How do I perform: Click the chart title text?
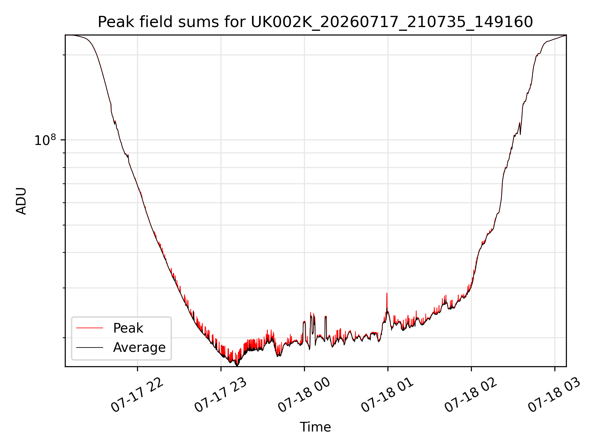pos(315,22)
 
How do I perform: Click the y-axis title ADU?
pos(21,201)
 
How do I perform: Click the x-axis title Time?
pos(315,427)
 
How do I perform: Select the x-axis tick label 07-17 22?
pos(137,395)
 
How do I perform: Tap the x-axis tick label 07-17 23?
pos(221,395)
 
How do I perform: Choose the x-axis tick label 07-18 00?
pos(304,395)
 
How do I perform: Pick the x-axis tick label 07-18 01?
pos(387,395)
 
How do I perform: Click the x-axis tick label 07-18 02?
pos(471,395)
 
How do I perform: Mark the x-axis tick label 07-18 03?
pos(554,395)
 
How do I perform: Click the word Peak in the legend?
pos(128,328)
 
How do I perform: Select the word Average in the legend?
pos(139,347)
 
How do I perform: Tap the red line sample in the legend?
pos(90,328)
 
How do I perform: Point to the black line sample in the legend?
pos(90,347)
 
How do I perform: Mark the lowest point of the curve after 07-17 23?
pos(237,365)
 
